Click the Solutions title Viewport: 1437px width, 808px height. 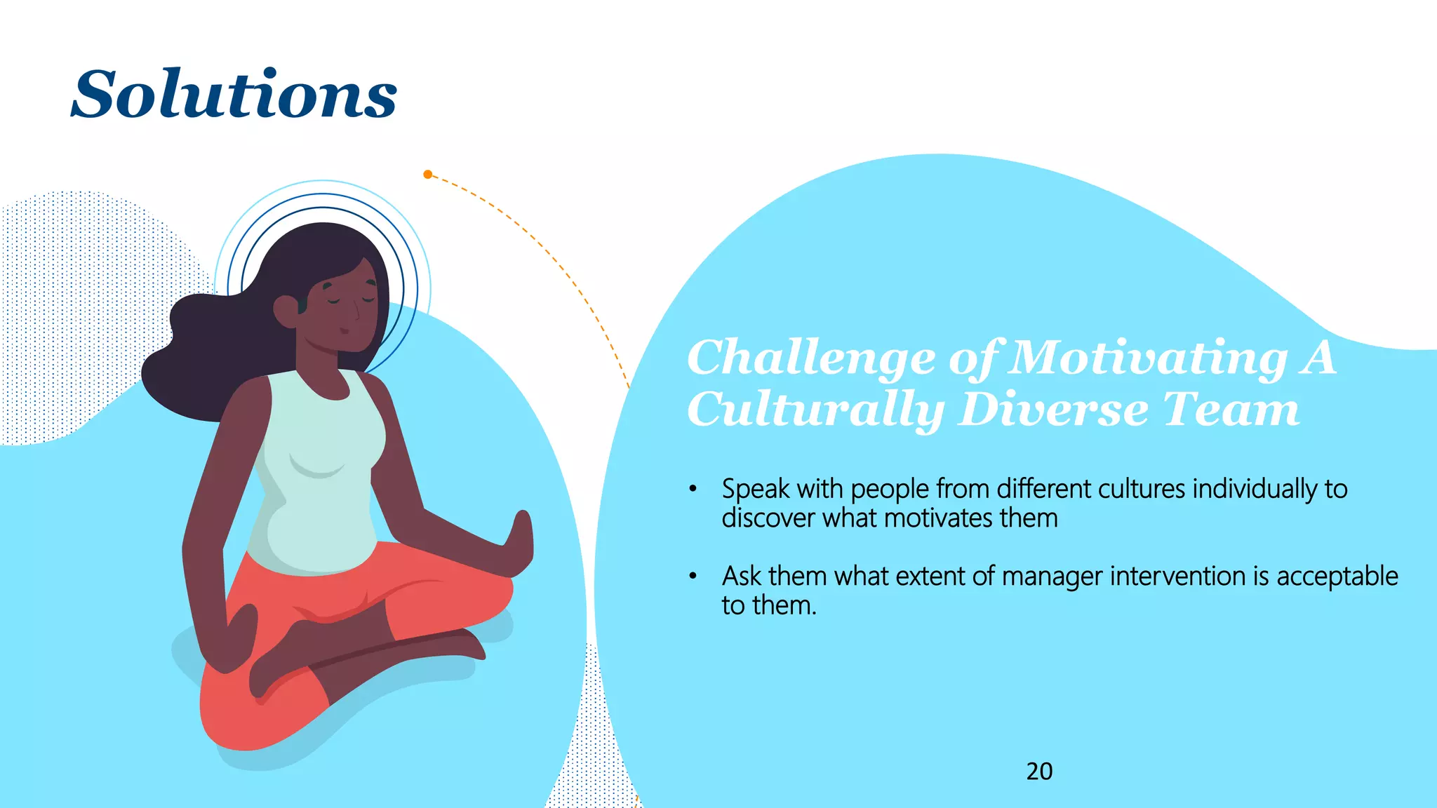234,94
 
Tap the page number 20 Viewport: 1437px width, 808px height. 1039,772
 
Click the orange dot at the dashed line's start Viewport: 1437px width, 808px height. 428,174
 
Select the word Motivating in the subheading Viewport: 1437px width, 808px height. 1149,358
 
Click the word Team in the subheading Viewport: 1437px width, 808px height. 1231,410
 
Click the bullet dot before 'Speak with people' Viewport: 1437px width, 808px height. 693,489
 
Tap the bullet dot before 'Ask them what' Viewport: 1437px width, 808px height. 693,576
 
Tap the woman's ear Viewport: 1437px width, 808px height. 287,311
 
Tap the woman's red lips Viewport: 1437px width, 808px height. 344,330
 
